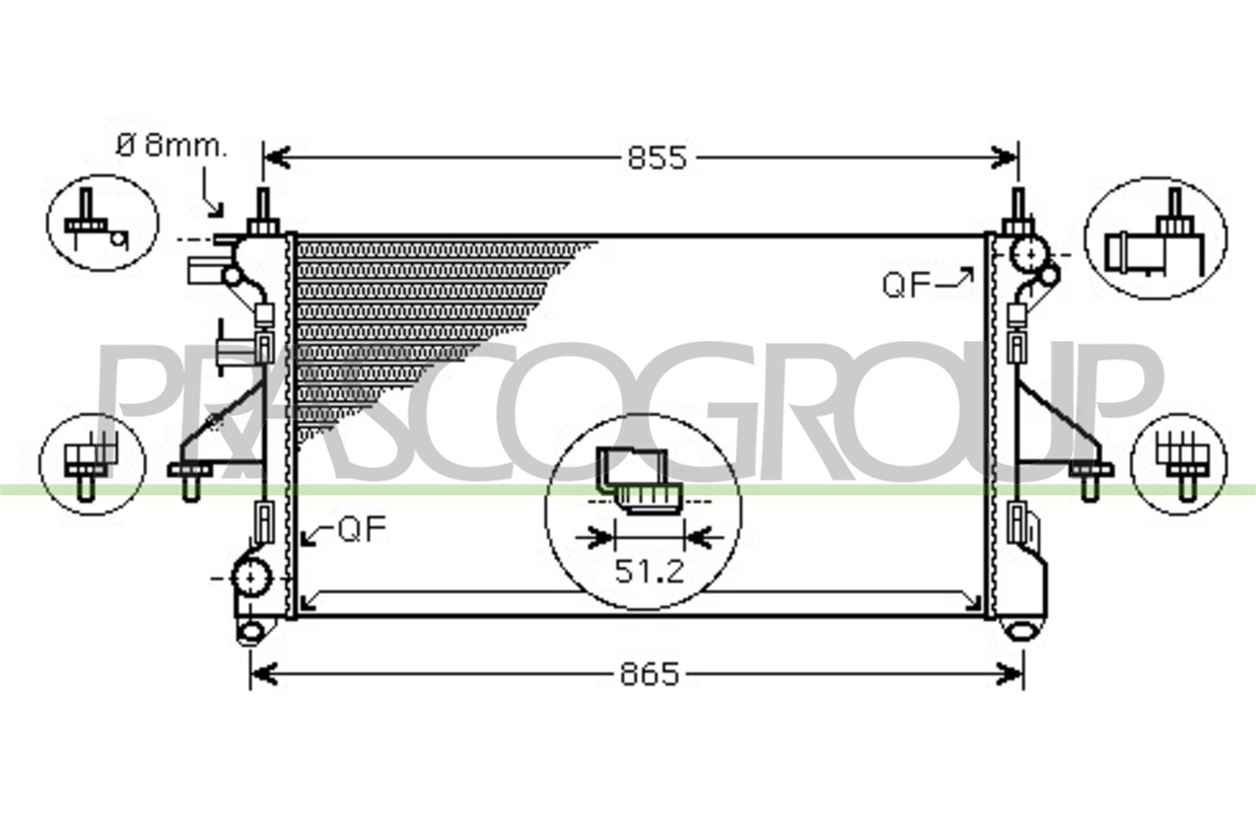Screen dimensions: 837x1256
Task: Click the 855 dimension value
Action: click(x=656, y=159)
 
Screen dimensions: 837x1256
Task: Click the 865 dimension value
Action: click(x=649, y=674)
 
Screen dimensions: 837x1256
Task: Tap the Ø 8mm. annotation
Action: click(x=171, y=146)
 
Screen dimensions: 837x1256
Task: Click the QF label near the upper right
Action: click(x=906, y=285)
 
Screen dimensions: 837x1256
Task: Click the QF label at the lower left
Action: click(x=362, y=529)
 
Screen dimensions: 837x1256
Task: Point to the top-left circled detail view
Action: click(x=103, y=223)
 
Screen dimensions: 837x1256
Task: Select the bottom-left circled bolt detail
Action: click(x=92, y=465)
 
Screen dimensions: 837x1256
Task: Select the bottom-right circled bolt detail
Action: click(x=1179, y=465)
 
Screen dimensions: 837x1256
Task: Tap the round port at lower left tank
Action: click(x=251, y=578)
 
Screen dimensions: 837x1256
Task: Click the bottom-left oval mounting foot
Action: click(x=251, y=631)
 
